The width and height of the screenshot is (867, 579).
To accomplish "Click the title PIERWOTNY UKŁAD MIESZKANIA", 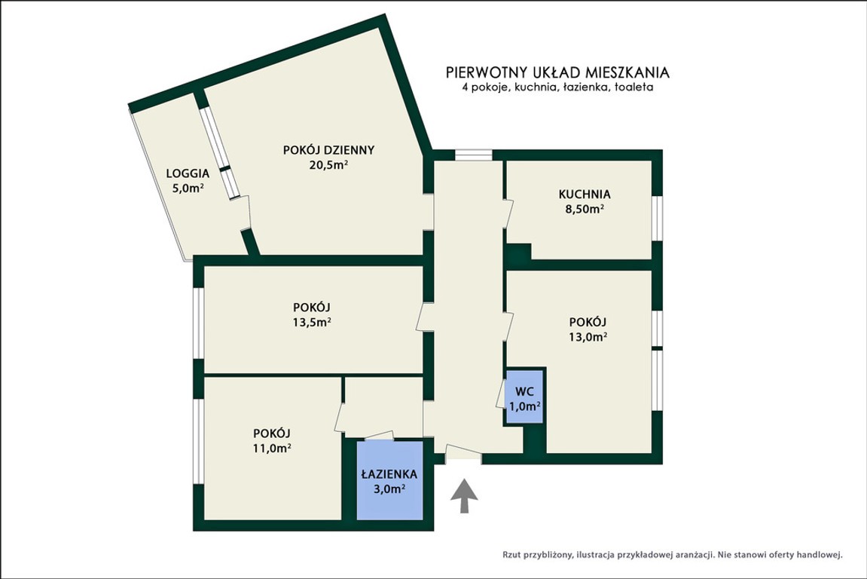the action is [x=557, y=72].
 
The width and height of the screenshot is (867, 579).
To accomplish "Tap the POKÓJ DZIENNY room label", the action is [x=329, y=150].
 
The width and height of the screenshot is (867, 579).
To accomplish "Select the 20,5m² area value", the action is [x=329, y=164].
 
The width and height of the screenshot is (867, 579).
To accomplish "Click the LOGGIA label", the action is [x=188, y=173].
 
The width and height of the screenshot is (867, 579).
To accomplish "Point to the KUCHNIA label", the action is [x=585, y=195].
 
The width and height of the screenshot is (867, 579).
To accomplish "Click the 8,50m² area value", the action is [x=585, y=210].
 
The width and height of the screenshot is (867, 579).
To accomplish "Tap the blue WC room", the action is [x=525, y=397].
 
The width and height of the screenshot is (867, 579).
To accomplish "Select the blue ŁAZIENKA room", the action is [x=389, y=480].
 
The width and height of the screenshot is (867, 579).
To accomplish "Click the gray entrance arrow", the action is [x=464, y=496].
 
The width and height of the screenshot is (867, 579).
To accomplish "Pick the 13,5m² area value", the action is [x=312, y=322].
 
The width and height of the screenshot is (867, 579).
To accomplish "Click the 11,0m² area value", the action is [x=272, y=449].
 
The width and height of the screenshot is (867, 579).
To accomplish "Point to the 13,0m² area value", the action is [x=588, y=337].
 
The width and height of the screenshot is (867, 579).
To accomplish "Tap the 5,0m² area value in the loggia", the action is [x=188, y=188].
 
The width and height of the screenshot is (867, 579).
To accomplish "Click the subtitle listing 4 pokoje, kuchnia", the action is [x=557, y=87].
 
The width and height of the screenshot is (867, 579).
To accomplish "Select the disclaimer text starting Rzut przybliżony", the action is [x=673, y=554].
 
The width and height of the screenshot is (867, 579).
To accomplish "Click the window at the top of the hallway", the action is [x=473, y=155].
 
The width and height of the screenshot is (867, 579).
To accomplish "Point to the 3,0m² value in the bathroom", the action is [x=389, y=489].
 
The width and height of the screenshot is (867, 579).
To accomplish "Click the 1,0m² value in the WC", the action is [x=525, y=406].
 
